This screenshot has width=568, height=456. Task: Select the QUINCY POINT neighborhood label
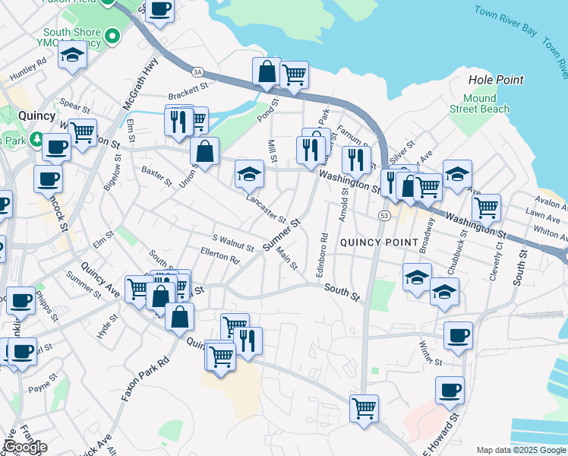[378, 242]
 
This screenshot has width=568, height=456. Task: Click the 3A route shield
[198, 71]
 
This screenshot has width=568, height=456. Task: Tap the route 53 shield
[385, 217]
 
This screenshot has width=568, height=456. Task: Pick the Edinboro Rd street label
[323, 258]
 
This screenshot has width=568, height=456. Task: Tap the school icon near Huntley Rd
[72, 56]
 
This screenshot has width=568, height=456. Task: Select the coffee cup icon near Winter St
[458, 335]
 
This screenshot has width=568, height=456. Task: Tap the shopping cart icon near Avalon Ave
[486, 206]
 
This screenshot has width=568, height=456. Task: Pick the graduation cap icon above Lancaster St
[249, 174]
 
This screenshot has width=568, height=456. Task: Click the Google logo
[24, 448]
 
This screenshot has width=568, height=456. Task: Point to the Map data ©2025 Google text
[521, 450]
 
